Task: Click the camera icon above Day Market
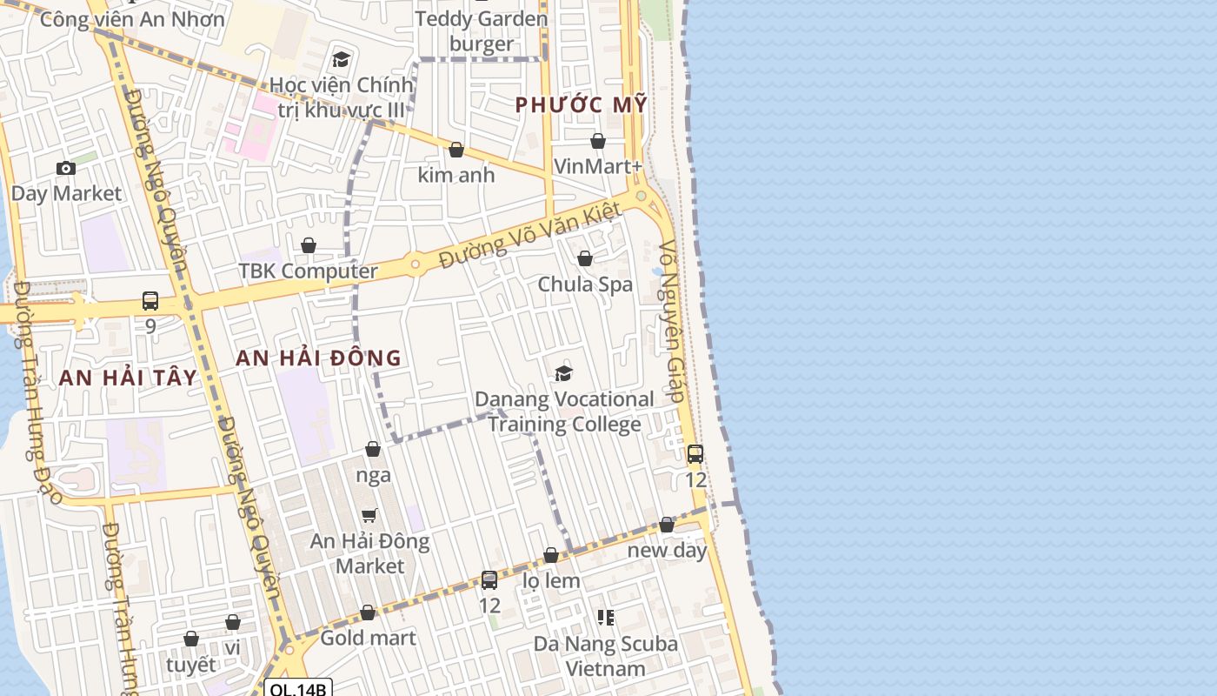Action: click(66, 168)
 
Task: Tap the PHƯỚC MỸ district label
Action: click(582, 104)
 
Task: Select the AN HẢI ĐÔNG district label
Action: click(319, 358)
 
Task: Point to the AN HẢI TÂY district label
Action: click(128, 378)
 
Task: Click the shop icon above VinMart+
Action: click(598, 141)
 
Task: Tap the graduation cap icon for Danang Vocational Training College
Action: click(564, 373)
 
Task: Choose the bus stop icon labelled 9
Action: click(150, 301)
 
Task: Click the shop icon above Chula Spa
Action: click(585, 258)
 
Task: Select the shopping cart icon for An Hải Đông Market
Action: click(369, 515)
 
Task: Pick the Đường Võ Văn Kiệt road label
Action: click(530, 234)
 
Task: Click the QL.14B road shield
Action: click(297, 689)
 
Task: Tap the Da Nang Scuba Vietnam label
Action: click(606, 656)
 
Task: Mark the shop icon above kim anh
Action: click(456, 150)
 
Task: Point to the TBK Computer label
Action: click(309, 271)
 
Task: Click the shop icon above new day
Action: click(667, 525)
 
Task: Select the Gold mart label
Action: click(368, 638)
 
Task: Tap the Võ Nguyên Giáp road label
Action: click(675, 322)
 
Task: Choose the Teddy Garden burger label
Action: click(482, 31)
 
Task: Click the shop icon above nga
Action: click(373, 449)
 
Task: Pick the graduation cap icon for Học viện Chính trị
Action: click(341, 59)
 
